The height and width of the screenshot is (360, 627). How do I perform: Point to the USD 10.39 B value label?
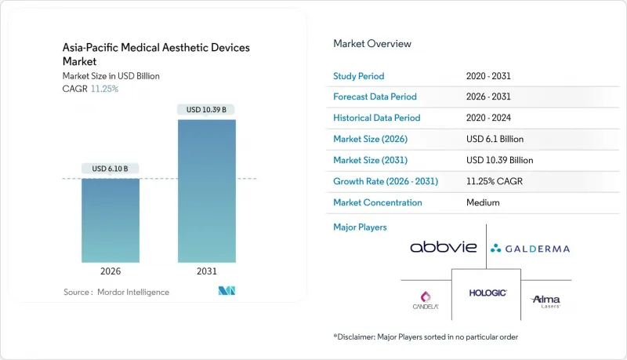point(206,109)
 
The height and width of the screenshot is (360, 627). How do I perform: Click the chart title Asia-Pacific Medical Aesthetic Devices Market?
point(156,54)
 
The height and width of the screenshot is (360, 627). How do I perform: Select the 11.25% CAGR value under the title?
point(106,89)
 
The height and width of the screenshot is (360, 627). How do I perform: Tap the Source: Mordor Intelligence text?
point(116,292)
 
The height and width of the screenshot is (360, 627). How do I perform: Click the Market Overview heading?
point(372,44)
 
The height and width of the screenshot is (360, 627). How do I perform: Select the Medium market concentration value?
point(483,202)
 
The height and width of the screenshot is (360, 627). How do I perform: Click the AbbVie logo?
point(443,247)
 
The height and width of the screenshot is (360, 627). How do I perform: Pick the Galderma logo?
point(530,249)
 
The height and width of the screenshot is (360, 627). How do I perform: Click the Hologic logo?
point(487,293)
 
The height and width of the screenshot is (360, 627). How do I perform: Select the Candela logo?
point(426,300)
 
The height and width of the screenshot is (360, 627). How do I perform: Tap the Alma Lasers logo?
point(545,300)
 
